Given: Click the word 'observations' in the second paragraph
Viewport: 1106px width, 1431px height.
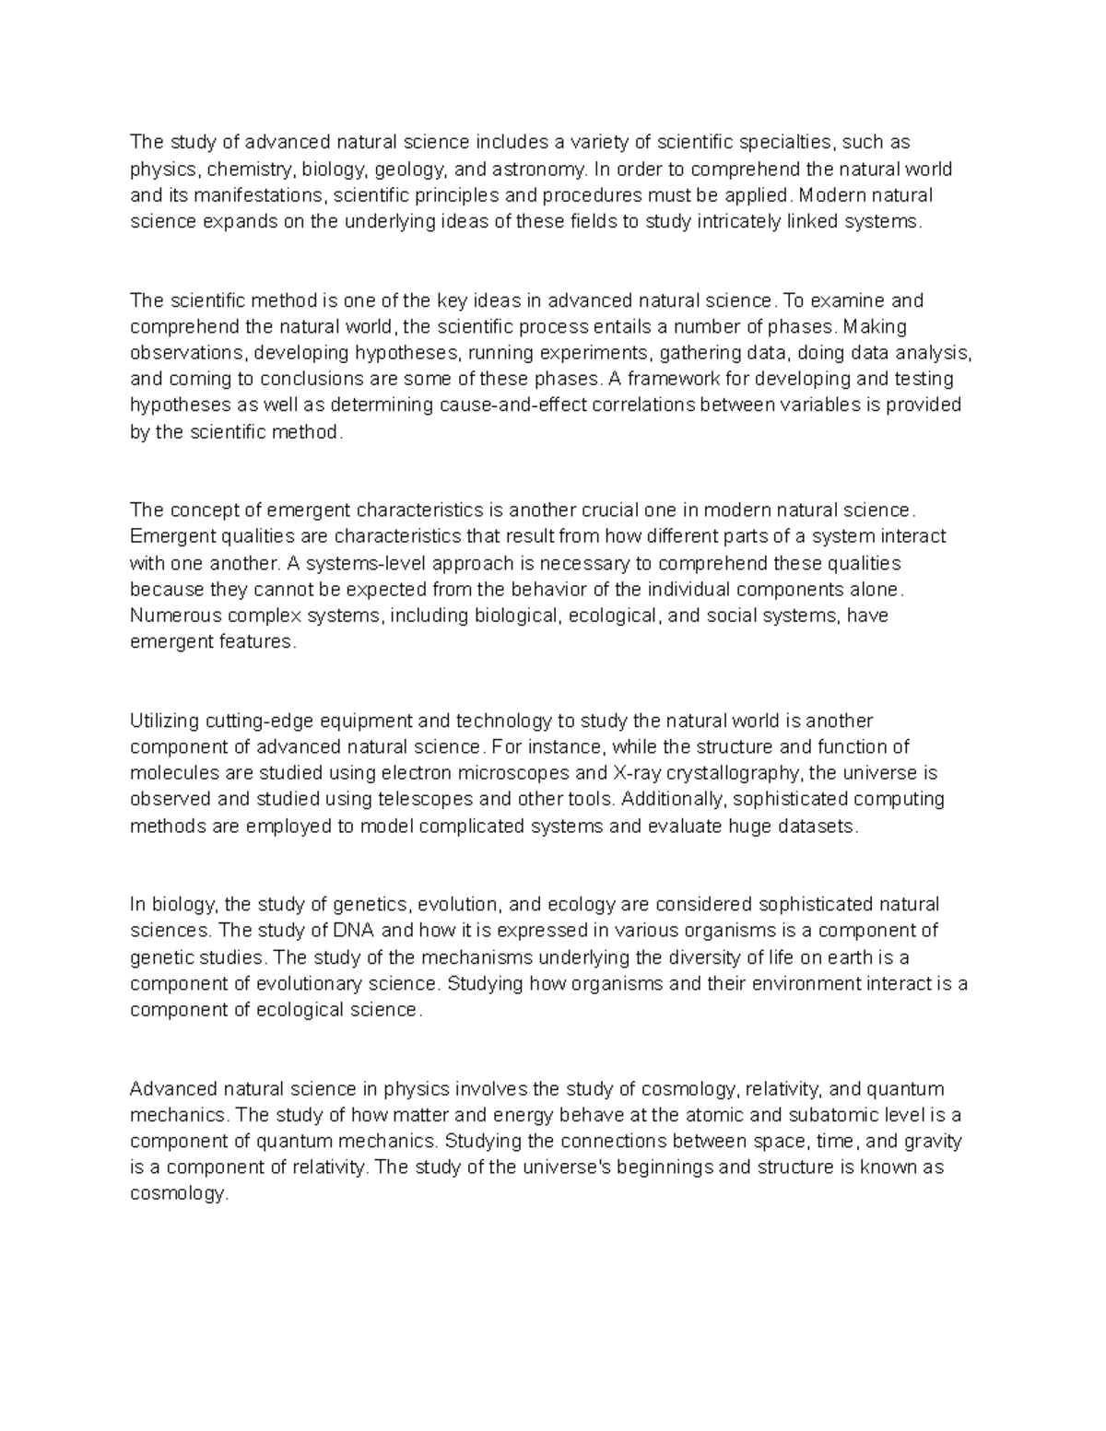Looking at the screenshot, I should pyautogui.click(x=187, y=353).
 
